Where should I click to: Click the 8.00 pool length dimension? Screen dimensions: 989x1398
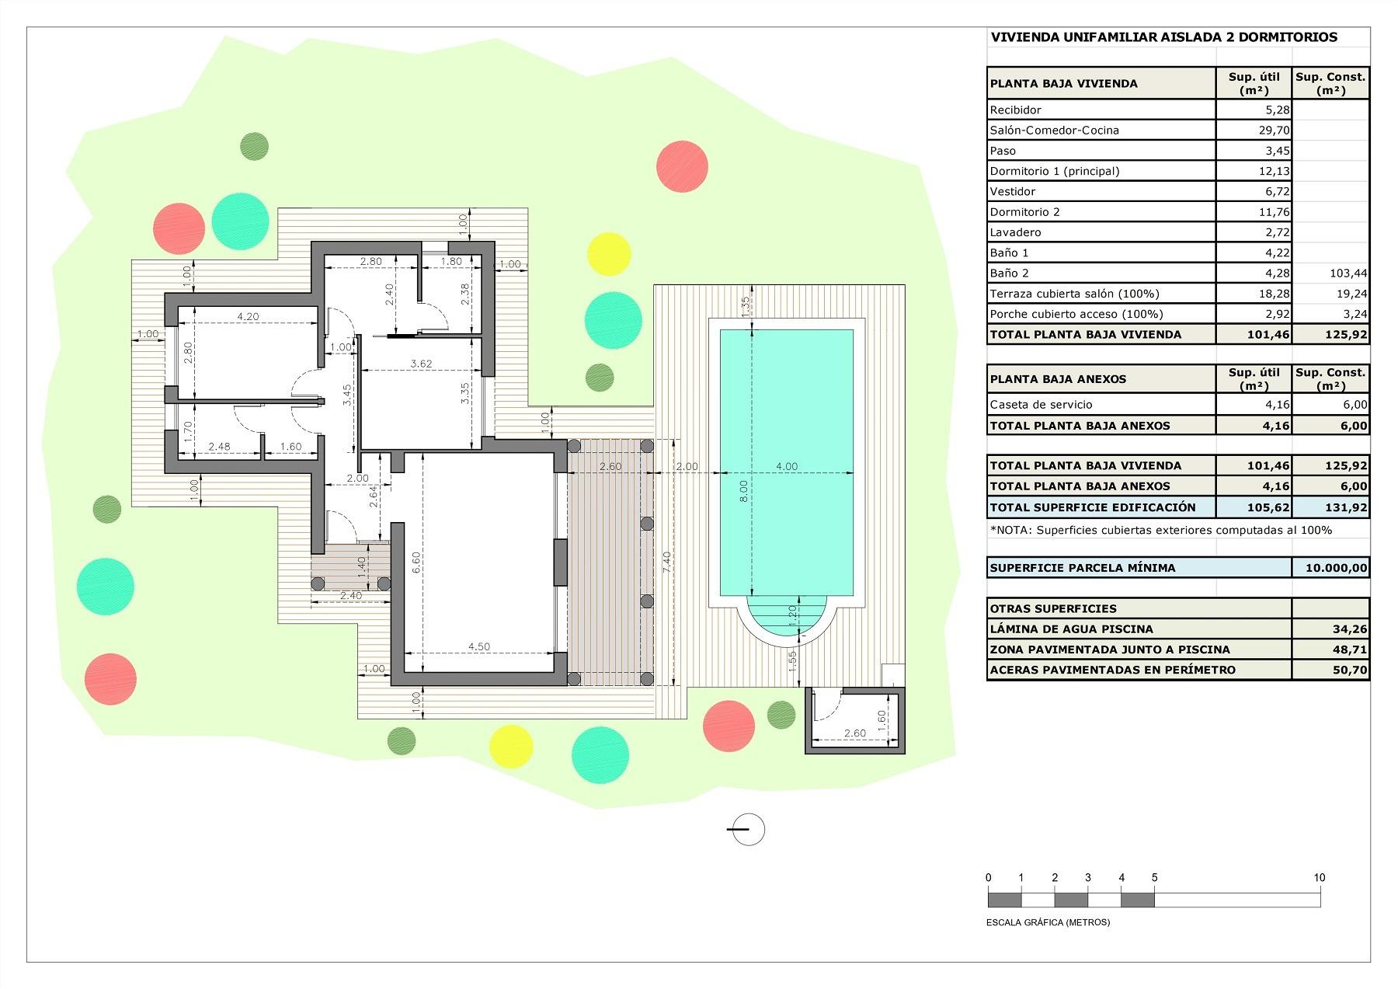(x=743, y=489)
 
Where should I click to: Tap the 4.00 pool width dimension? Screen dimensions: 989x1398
(x=786, y=466)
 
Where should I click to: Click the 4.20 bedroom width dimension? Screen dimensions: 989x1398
(x=247, y=316)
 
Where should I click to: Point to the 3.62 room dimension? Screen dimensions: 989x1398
(x=421, y=364)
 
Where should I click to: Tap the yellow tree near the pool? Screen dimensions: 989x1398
(x=608, y=254)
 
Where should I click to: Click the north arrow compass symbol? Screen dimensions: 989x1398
(x=748, y=829)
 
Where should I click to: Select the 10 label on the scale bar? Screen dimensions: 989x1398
(x=1319, y=878)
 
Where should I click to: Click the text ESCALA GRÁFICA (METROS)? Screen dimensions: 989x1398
(x=1048, y=922)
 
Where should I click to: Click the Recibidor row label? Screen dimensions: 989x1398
(x=1015, y=110)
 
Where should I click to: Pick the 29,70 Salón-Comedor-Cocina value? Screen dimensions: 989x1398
(x=1274, y=131)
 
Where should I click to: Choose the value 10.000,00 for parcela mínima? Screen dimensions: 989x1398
(x=1336, y=568)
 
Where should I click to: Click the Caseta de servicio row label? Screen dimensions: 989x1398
(x=1041, y=405)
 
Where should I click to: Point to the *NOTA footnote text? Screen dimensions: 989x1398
(x=1160, y=530)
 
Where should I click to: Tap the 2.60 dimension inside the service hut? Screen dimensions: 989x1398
(x=854, y=733)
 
